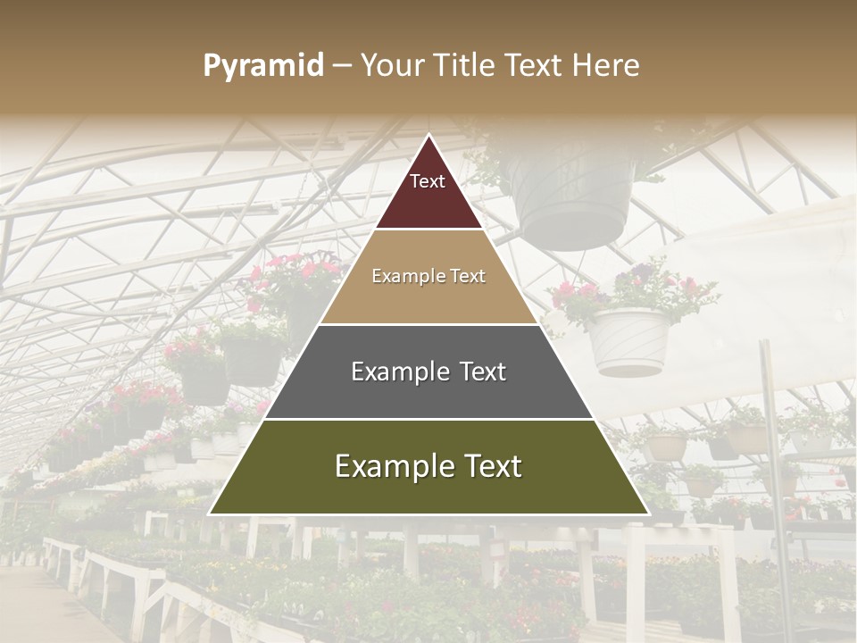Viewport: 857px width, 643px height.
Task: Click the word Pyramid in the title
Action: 262,66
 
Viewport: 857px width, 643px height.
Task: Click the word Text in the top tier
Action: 428,181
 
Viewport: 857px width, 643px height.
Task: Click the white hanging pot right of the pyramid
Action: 630,341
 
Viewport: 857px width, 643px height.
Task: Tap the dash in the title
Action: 342,66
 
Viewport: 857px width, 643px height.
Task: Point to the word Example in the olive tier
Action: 389,466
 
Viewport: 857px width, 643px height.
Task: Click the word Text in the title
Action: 537,66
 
